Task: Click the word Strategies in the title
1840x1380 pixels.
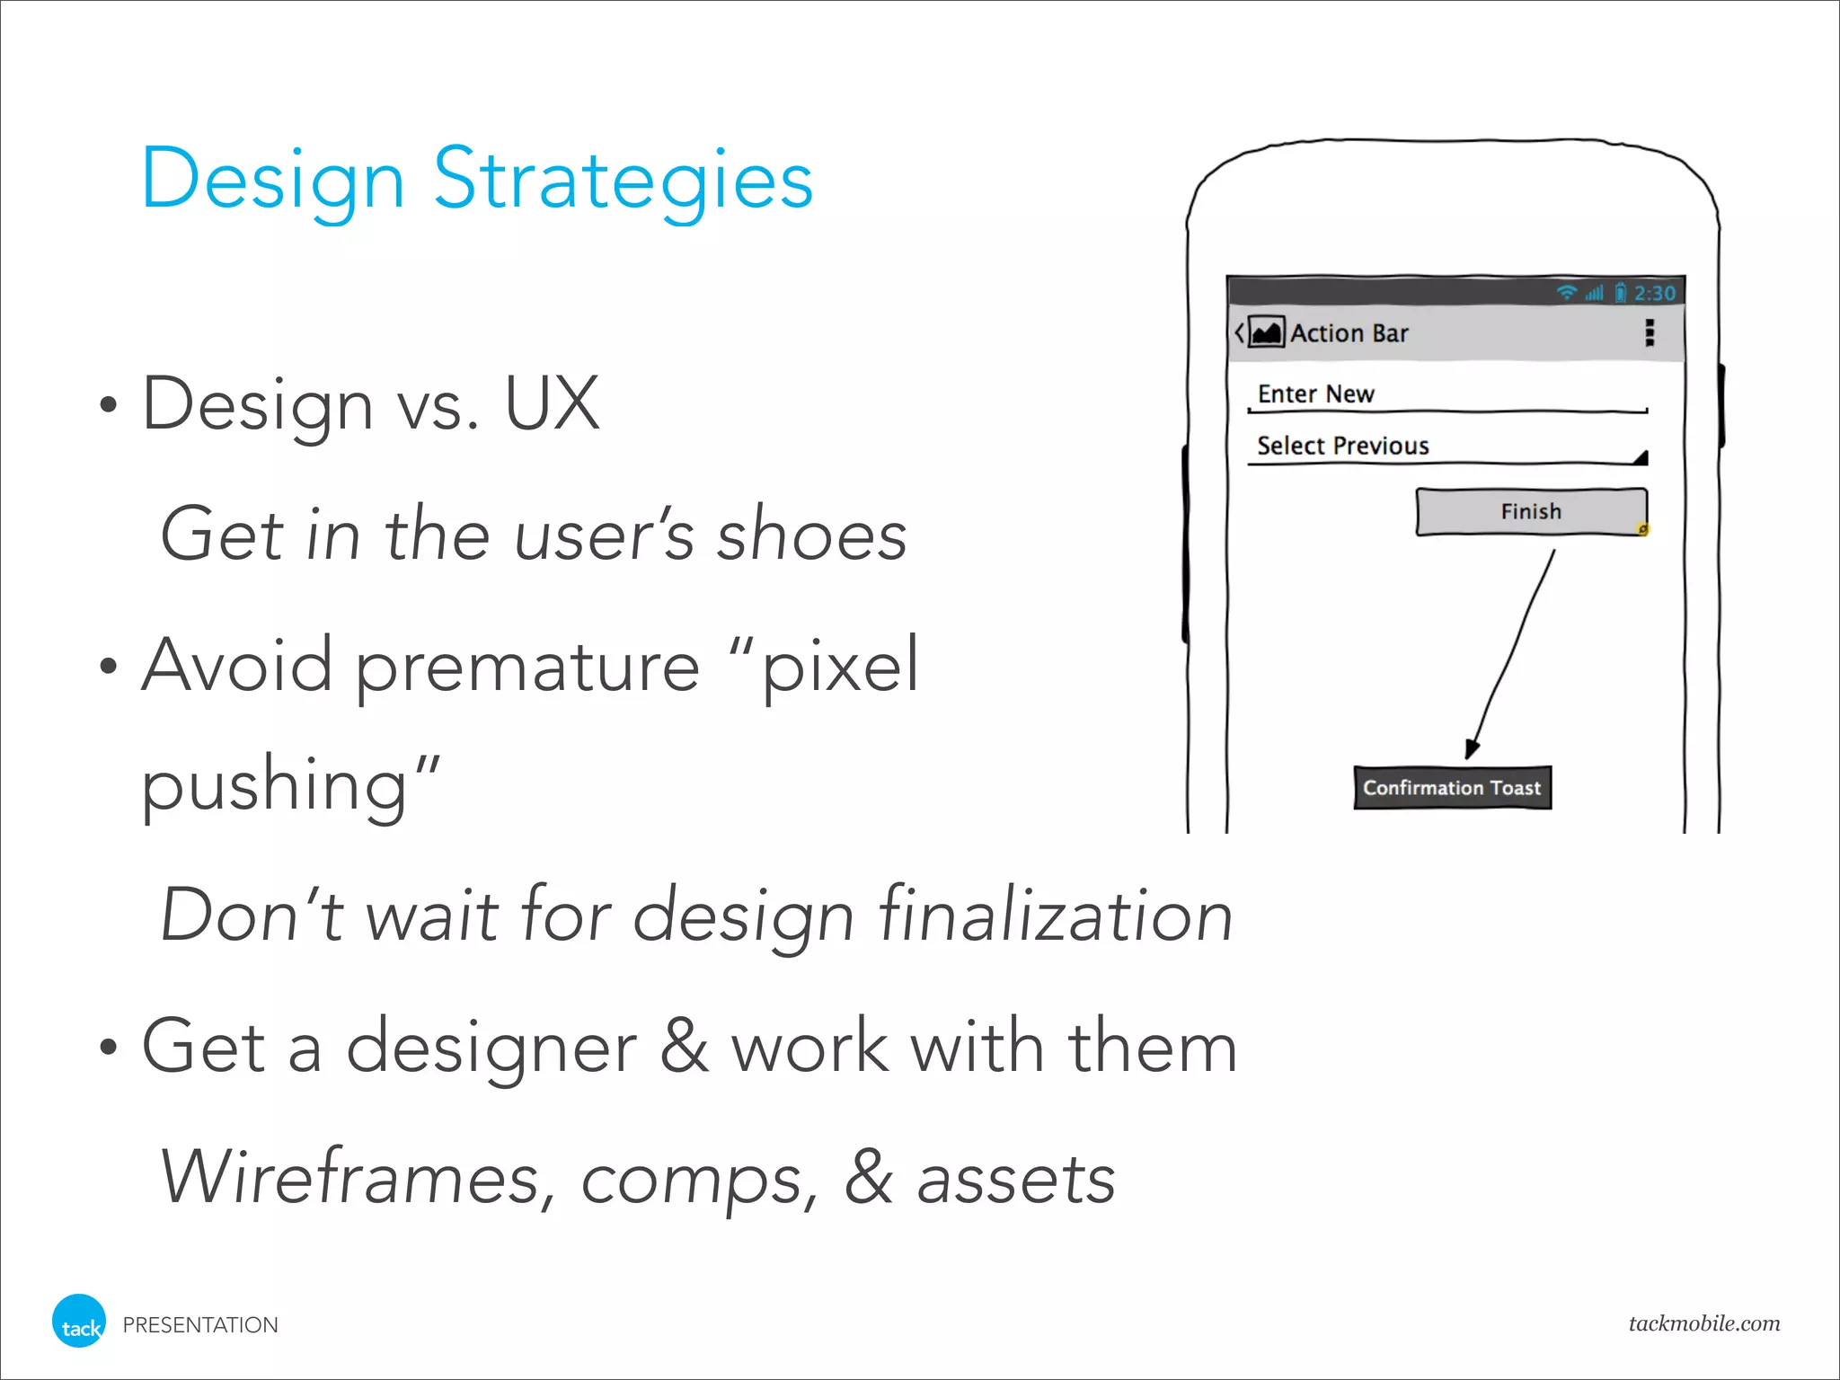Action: [624, 180]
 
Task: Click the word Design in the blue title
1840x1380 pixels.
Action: [272, 180]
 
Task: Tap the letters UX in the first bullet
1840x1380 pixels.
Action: [552, 404]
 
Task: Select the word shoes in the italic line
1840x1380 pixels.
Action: [811, 535]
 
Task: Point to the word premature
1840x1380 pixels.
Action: [527, 667]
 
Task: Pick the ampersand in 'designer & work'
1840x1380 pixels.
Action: [684, 1046]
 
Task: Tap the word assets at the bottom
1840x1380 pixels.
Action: [1015, 1179]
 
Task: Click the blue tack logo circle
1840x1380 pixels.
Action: [79, 1322]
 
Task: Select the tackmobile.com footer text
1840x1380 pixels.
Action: [1703, 1322]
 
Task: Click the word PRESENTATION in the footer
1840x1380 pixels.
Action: [200, 1325]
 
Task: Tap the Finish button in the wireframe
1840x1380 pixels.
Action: [1531, 512]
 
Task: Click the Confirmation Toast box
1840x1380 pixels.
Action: [1452, 788]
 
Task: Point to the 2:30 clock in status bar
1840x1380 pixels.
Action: [1654, 294]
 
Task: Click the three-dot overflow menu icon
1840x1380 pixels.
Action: [1650, 333]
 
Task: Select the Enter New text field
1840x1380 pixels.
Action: [1446, 395]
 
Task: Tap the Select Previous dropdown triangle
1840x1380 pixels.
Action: [1641, 458]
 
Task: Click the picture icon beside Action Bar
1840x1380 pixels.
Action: [1267, 333]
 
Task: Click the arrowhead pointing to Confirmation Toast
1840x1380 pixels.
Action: [1471, 748]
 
